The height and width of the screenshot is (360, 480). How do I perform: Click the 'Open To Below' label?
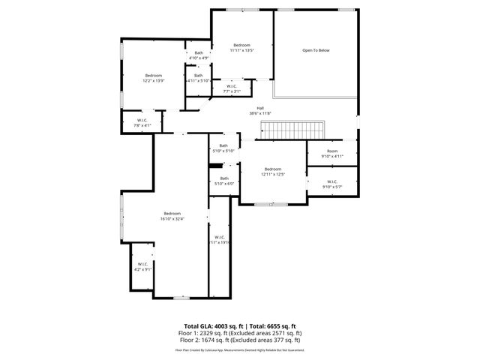pyautogui.click(x=316, y=50)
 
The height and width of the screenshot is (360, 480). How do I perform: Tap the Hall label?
pyautogui.click(x=260, y=110)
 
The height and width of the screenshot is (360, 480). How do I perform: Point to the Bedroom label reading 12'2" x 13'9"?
pyautogui.click(x=153, y=78)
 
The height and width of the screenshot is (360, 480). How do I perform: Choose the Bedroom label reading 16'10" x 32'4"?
pyautogui.click(x=172, y=216)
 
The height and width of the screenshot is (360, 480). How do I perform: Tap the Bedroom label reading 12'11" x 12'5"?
pyautogui.click(x=272, y=172)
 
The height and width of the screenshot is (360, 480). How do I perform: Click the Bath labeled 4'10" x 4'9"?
pyautogui.click(x=198, y=55)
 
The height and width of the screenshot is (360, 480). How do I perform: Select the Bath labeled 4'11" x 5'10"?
pyautogui.click(x=198, y=77)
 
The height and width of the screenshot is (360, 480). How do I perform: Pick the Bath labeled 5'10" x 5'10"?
pyautogui.click(x=223, y=148)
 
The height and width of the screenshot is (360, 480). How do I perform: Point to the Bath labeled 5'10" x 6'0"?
pyautogui.click(x=223, y=181)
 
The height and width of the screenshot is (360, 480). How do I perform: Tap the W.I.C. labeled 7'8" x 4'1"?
pyautogui.click(x=142, y=123)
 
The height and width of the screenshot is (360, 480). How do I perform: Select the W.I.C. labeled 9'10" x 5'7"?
pyautogui.click(x=331, y=184)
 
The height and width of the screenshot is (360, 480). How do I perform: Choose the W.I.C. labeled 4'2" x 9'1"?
pyautogui.click(x=142, y=266)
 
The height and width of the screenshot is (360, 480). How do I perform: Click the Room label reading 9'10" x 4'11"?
pyautogui.click(x=331, y=154)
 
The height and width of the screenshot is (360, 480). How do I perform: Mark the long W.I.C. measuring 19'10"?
pyautogui.click(x=219, y=240)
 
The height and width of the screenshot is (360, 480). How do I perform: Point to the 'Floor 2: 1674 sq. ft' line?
pyautogui.click(x=240, y=338)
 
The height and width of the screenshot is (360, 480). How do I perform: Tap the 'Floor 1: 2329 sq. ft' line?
pyautogui.click(x=240, y=332)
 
